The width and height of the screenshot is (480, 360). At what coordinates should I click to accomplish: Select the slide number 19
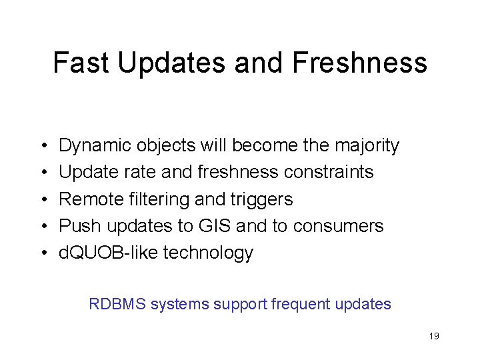click(x=434, y=336)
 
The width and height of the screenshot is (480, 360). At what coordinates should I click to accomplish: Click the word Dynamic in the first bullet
click(x=95, y=145)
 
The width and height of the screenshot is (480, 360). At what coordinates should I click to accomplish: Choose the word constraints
click(x=329, y=172)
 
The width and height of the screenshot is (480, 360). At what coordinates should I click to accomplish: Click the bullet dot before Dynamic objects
click(x=42, y=146)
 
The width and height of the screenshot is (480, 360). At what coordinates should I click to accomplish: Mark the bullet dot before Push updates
click(x=42, y=227)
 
